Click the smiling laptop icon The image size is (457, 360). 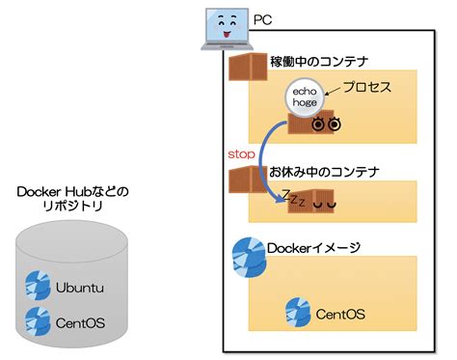point(224,29)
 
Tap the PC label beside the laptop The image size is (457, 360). point(262,19)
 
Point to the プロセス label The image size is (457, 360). point(367,87)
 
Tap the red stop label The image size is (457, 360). point(241,153)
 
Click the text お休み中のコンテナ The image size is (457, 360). point(324,172)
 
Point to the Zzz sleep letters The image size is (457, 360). point(293,199)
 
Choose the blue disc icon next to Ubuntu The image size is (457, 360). point(38,286)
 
